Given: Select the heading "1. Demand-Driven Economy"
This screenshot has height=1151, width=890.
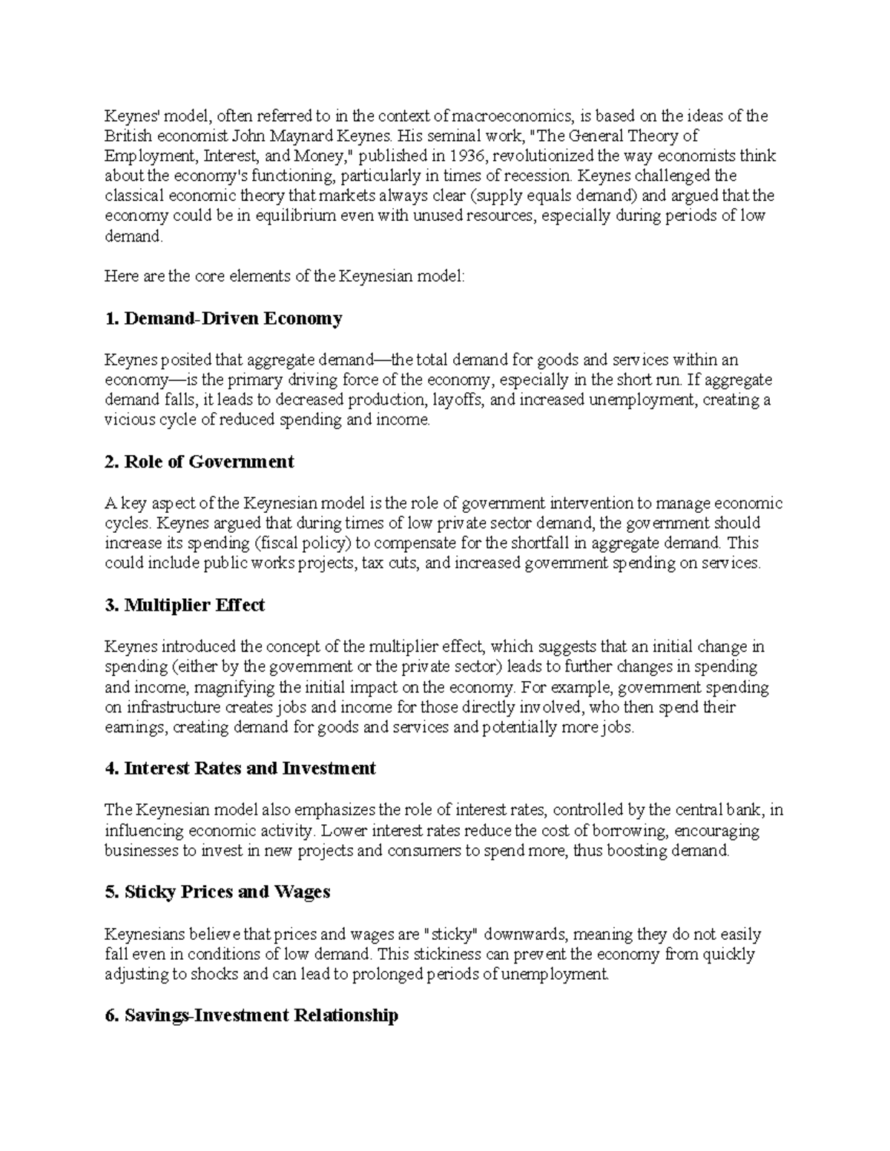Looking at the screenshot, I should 223,319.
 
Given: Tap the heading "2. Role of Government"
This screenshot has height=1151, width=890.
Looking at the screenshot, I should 199,462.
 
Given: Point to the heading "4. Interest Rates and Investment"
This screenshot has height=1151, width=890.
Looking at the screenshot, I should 240,769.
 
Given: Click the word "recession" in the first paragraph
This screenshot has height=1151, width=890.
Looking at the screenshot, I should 540,176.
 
